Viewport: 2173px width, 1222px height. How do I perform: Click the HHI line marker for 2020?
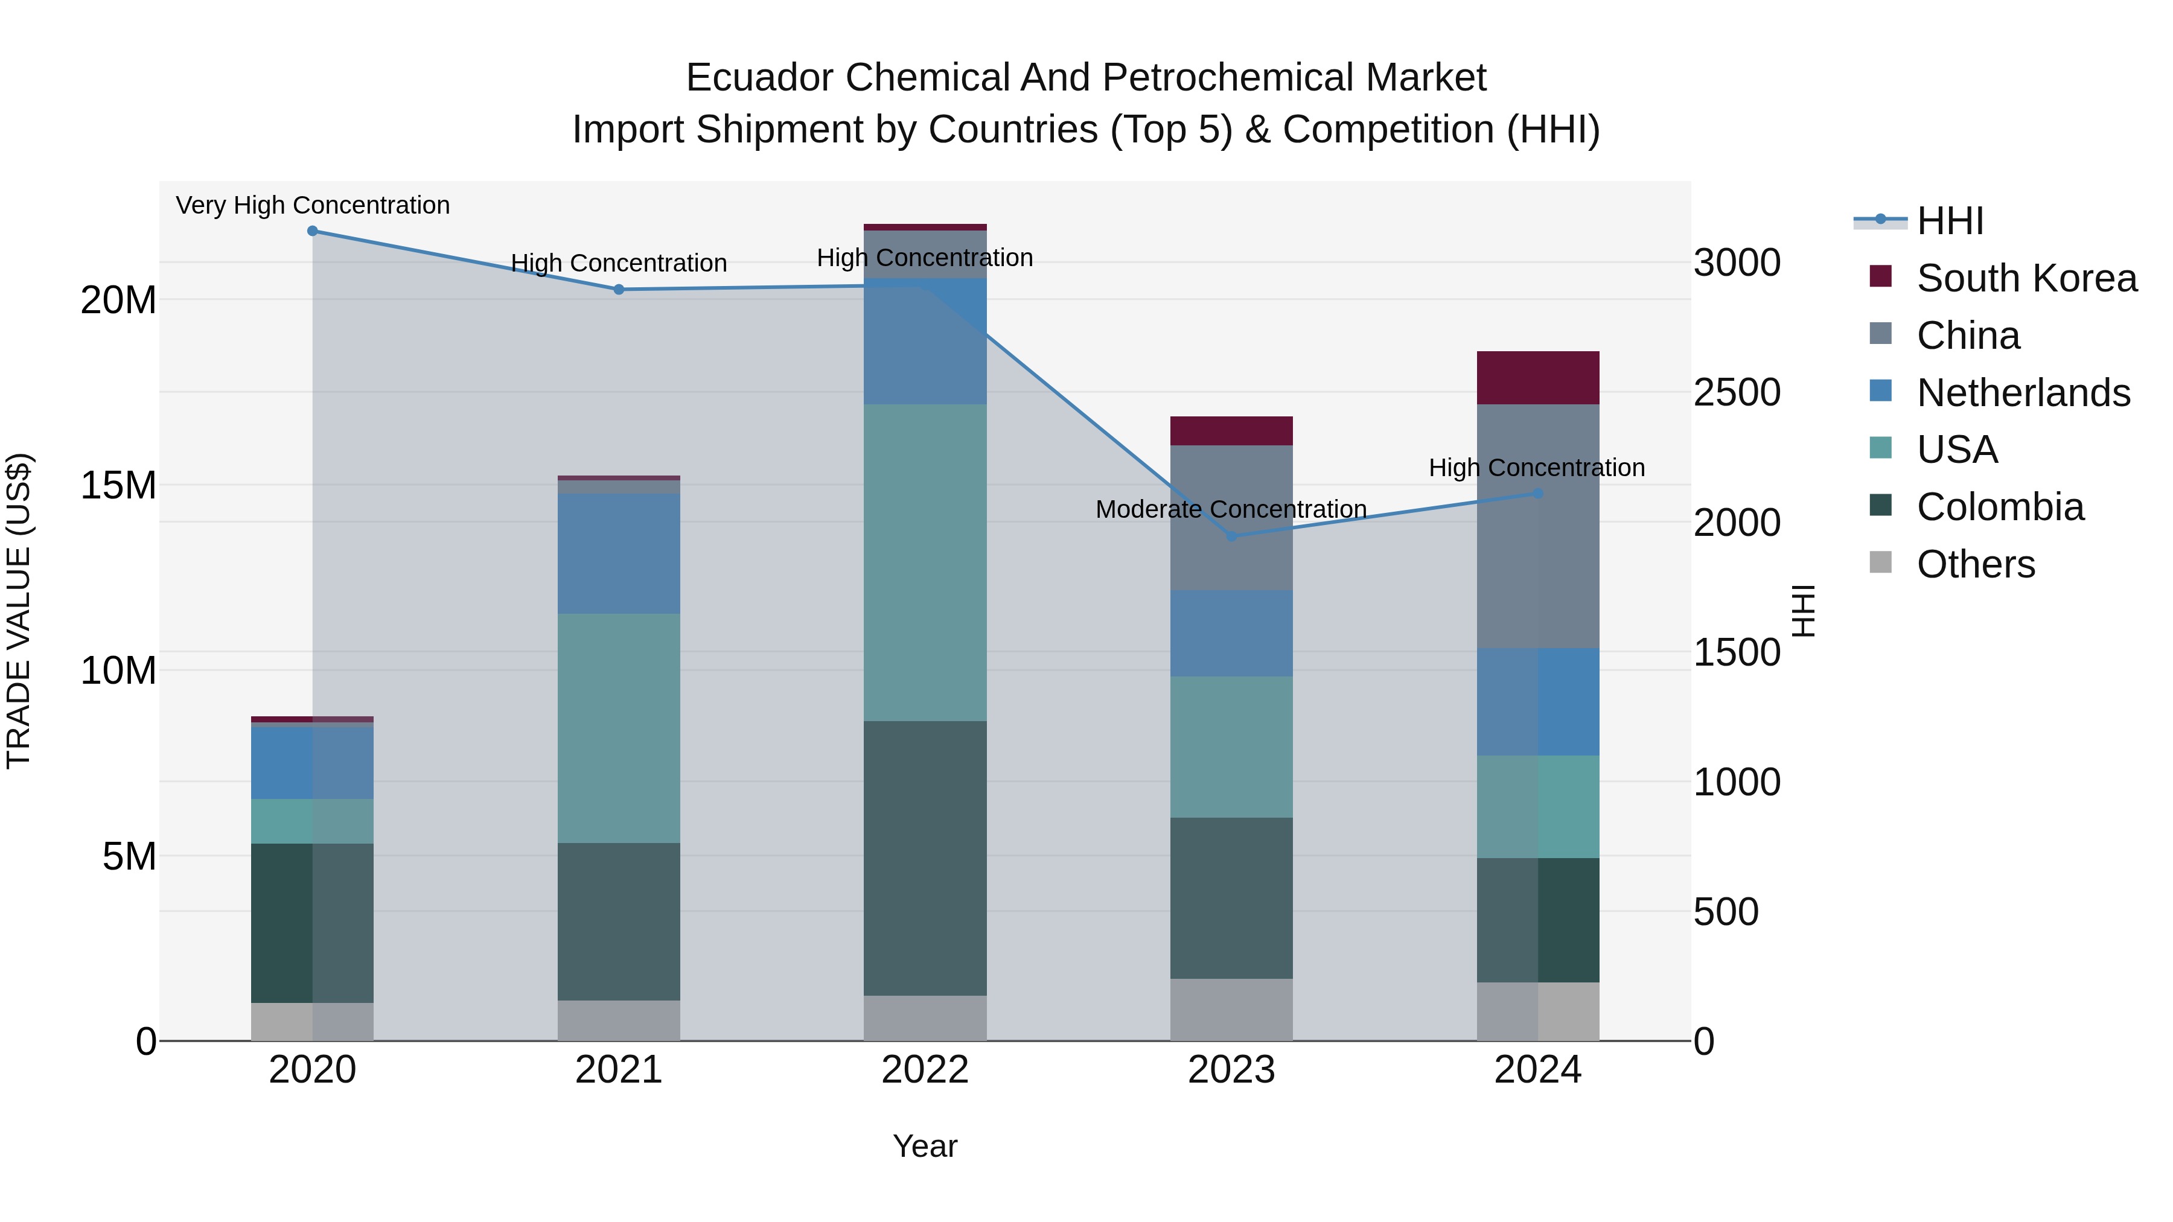coord(312,231)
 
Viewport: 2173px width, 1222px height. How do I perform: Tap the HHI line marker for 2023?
coord(1231,536)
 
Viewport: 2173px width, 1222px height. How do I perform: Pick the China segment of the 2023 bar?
coord(1231,518)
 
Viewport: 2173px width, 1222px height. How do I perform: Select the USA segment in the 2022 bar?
coord(925,562)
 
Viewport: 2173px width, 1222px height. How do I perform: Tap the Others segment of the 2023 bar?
coord(1231,1010)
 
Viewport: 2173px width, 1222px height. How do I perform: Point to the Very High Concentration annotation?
coord(312,206)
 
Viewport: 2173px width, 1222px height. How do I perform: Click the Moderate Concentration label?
coord(1231,509)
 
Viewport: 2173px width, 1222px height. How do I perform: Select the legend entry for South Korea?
coord(2026,278)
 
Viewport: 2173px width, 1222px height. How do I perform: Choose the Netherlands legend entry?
coord(2023,393)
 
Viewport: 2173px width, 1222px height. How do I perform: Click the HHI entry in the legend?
coord(1950,221)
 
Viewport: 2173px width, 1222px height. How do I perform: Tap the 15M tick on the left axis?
coord(118,486)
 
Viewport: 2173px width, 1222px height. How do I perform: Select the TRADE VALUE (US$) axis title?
coord(19,611)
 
